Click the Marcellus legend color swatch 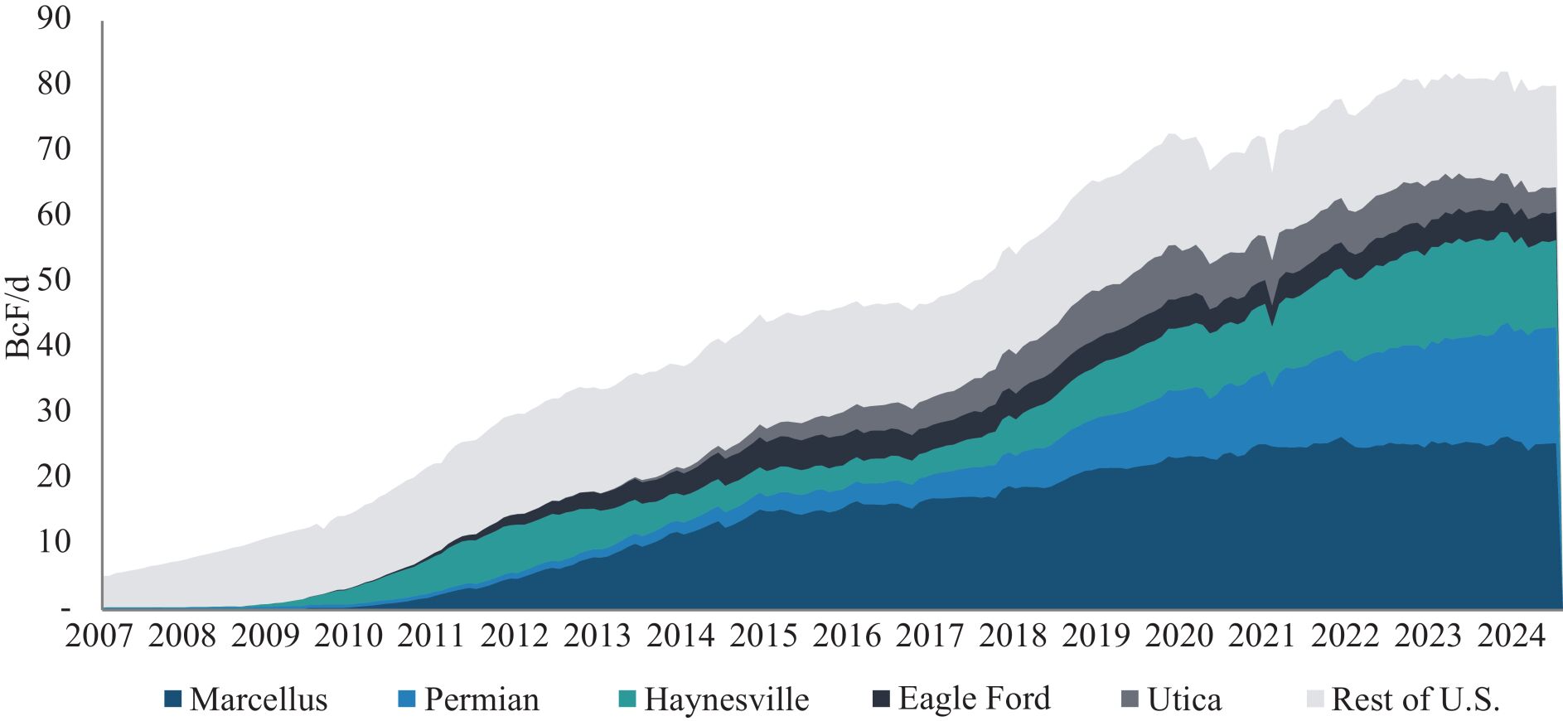172,699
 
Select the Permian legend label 481,699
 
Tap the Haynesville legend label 726,699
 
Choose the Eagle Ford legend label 974,699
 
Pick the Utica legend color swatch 1130,699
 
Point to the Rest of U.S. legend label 1415,699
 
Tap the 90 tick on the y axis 54,18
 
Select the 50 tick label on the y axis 54,279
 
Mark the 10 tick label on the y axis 54,541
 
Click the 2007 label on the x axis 99,636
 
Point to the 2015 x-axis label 763,636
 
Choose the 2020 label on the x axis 1178,636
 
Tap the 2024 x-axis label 1511,636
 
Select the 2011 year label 431,636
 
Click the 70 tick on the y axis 54,149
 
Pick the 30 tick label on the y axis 54,410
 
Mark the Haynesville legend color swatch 627,699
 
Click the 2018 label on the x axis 1013,636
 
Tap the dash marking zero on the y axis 65,609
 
